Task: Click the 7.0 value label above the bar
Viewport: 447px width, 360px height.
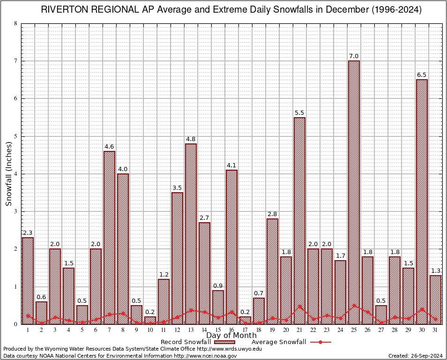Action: [x=354, y=56]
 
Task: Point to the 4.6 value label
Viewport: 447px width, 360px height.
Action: [x=109, y=147]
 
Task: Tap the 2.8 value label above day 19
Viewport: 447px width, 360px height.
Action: [x=272, y=214]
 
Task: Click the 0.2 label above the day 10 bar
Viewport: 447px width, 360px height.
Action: [x=150, y=312]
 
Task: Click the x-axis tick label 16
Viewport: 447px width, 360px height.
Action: [x=231, y=330]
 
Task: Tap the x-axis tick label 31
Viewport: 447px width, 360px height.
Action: [x=435, y=330]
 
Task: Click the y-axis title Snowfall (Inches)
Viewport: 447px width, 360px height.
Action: [x=9, y=173]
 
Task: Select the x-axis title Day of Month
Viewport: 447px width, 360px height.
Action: [x=231, y=336]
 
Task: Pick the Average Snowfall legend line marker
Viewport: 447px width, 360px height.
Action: [x=320, y=342]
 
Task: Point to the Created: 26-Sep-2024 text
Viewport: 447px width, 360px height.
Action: [x=416, y=356]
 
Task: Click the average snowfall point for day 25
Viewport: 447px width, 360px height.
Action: [x=354, y=306]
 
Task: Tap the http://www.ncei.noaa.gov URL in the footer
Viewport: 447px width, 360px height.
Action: [x=205, y=356]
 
